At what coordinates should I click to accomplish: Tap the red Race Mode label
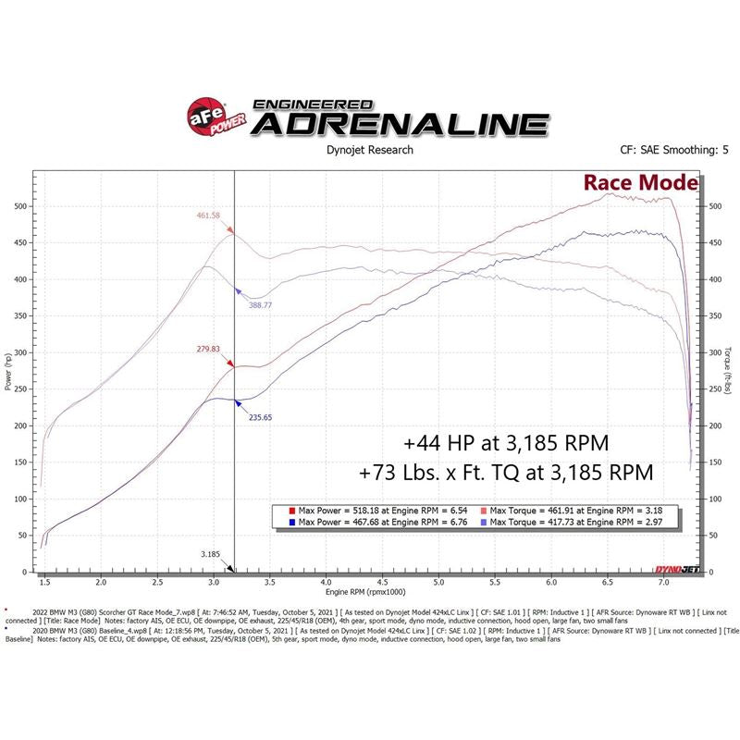639,182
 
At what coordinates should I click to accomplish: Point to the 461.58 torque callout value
209,216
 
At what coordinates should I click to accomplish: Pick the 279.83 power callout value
210,349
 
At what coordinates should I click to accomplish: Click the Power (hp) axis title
8,370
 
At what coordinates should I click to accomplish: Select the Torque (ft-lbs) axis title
730,370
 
